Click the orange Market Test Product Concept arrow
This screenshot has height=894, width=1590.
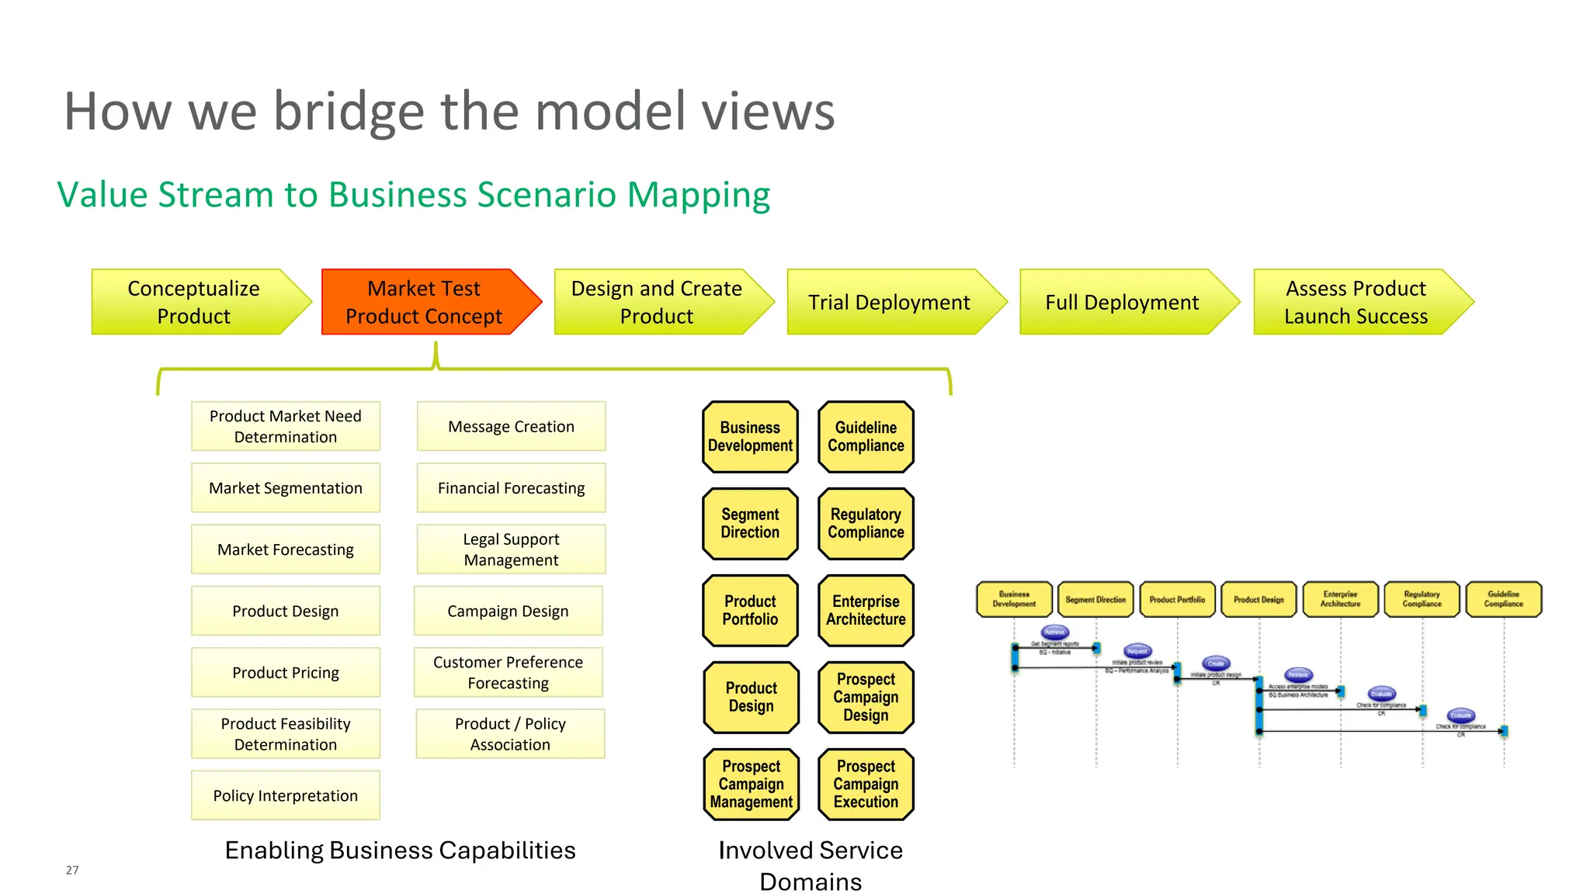pyautogui.click(x=424, y=302)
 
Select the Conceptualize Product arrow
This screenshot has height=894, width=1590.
pyautogui.click(x=194, y=302)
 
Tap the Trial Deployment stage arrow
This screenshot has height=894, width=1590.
pyautogui.click(x=889, y=302)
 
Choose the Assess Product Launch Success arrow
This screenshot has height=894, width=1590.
pyautogui.click(x=1356, y=302)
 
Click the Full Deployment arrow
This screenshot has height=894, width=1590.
pyautogui.click(x=1122, y=302)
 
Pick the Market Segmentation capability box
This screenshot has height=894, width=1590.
pyautogui.click(x=286, y=488)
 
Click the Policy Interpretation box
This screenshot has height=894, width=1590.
pyautogui.click(x=286, y=795)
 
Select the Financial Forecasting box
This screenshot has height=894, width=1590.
pyautogui.click(x=511, y=488)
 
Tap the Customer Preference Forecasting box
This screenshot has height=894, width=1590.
pyautogui.click(x=508, y=672)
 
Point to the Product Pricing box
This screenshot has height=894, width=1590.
pyautogui.click(x=286, y=672)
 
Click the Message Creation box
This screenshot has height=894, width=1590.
pyautogui.click(x=511, y=426)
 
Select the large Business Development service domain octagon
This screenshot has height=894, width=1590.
pyautogui.click(x=750, y=437)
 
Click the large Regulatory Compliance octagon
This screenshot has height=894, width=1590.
pyautogui.click(x=866, y=524)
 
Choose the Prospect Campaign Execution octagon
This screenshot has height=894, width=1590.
pyautogui.click(x=866, y=784)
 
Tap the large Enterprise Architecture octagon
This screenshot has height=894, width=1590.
pyautogui.click(x=866, y=611)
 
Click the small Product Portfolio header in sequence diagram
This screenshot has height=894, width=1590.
pyautogui.click(x=1177, y=600)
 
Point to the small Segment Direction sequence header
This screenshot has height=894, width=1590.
pyautogui.click(x=1095, y=600)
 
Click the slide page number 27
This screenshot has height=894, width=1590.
pyautogui.click(x=72, y=870)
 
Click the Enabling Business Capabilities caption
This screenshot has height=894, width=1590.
pyautogui.click(x=400, y=851)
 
